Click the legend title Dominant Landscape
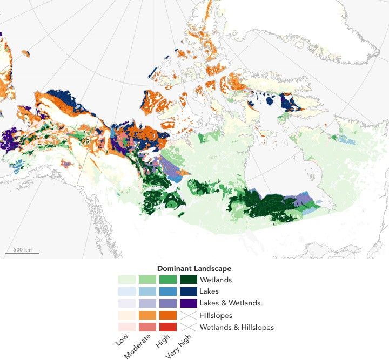click(194, 268)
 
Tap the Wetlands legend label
click(216, 280)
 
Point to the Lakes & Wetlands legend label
click(230, 303)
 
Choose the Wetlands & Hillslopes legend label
click(237, 327)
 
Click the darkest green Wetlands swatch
click(189, 280)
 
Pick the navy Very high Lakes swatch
click(189, 291)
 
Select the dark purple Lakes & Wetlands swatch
click(189, 303)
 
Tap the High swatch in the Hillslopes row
click(168, 315)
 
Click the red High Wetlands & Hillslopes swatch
click(168, 327)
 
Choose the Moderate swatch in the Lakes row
click(147, 291)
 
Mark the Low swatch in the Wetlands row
click(127, 280)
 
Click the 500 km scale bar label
click(22, 250)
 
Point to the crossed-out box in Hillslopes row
click(189, 315)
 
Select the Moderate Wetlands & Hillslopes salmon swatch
click(147, 327)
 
